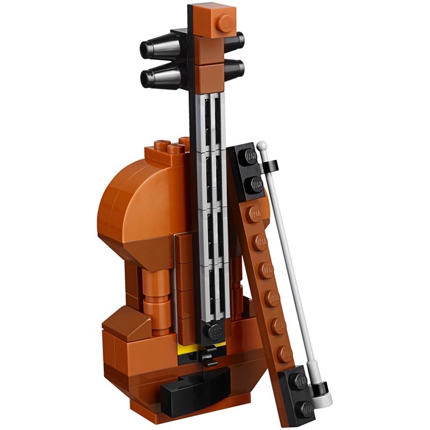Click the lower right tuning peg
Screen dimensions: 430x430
click(235, 68)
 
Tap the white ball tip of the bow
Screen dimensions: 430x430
click(262, 146)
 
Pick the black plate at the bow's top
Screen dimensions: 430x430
click(249, 169)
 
